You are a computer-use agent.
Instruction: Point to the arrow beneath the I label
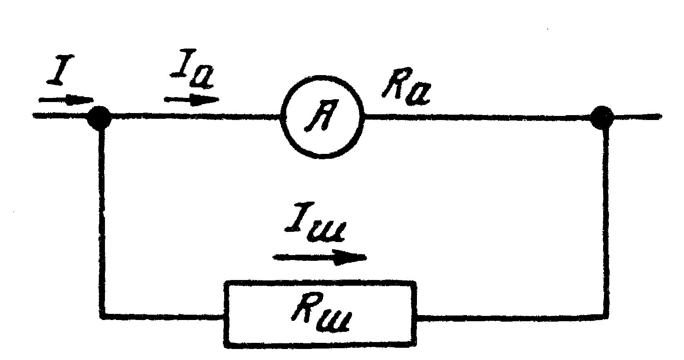tap(66, 100)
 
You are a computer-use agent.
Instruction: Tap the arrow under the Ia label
tap(191, 99)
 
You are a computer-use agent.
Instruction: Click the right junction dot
tap(603, 117)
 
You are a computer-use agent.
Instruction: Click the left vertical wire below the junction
tap(101, 216)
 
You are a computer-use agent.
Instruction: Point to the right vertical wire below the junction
tap(605, 216)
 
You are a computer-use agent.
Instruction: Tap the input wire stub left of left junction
tap(61, 117)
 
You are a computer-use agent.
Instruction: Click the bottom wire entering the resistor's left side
tap(163, 315)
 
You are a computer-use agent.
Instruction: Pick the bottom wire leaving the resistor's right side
tap(510, 315)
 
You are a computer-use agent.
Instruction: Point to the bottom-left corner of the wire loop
tap(102, 315)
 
